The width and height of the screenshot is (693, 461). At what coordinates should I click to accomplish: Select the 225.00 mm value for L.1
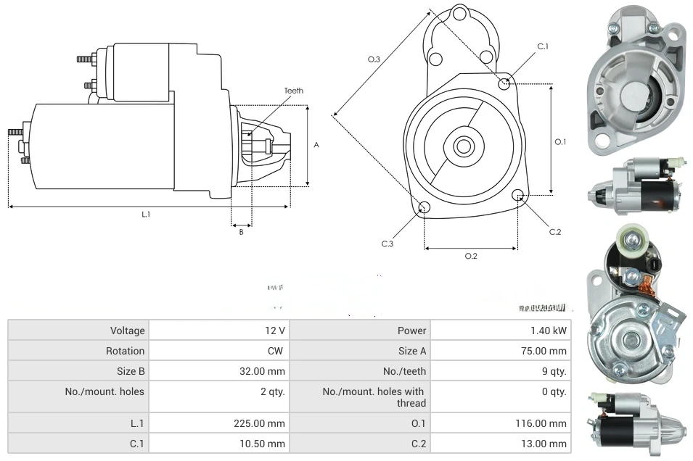pyautogui.click(x=265, y=423)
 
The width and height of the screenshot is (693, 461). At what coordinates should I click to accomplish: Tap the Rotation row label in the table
pyautogui.click(x=125, y=351)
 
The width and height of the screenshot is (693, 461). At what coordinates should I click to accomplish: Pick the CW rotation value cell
pyautogui.click(x=276, y=351)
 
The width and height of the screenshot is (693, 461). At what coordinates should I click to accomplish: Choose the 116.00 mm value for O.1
pyautogui.click(x=544, y=423)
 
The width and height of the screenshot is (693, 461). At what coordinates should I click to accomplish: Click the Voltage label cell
pyautogui.click(x=127, y=331)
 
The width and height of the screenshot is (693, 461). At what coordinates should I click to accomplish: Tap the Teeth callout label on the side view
pyautogui.click(x=293, y=91)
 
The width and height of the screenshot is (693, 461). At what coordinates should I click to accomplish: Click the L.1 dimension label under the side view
pyautogui.click(x=145, y=214)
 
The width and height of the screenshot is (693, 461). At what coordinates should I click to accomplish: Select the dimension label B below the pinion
pyautogui.click(x=241, y=232)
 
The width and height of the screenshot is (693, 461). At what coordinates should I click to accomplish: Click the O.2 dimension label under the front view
pyautogui.click(x=470, y=256)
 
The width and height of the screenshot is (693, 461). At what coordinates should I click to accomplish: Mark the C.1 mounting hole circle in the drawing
pyautogui.click(x=505, y=84)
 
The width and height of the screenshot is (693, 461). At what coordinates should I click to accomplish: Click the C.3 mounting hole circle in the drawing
pyautogui.click(x=425, y=209)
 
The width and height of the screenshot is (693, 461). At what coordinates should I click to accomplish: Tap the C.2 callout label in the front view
pyautogui.click(x=555, y=232)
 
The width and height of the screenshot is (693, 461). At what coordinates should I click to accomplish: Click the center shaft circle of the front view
pyautogui.click(x=462, y=146)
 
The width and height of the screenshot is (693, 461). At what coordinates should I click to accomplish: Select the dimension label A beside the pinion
pyautogui.click(x=316, y=145)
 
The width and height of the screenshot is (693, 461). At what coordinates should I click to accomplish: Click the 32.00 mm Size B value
pyautogui.click(x=266, y=371)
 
